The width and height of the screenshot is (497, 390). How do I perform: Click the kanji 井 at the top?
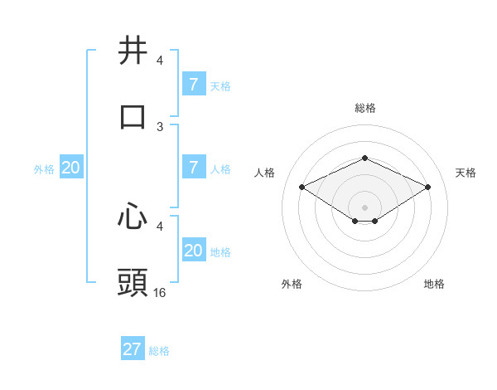[x=133, y=50]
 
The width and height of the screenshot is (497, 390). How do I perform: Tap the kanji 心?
[x=133, y=217]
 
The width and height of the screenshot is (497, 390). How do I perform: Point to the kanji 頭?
[x=133, y=283]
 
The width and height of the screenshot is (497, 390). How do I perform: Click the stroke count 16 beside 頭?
[x=160, y=292]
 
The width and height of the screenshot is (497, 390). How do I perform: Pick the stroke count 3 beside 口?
[x=160, y=126]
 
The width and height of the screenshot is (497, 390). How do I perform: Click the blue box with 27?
[x=133, y=349]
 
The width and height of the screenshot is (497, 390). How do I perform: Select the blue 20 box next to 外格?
[x=70, y=168]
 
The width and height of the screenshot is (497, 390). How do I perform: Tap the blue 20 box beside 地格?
[x=193, y=251]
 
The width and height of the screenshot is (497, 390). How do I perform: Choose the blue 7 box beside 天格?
[x=193, y=85]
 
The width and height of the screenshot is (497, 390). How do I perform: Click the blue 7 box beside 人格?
[x=193, y=168]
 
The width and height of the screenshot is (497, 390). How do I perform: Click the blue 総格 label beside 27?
[x=159, y=351]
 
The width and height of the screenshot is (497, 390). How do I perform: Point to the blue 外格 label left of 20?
[x=44, y=168]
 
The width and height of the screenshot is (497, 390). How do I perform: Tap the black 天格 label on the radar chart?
[x=466, y=173]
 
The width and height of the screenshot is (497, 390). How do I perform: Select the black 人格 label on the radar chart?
[x=264, y=173]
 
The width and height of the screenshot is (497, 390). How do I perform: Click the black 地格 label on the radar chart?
[x=434, y=284]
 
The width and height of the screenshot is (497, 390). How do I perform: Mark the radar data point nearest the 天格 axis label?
[x=427, y=188]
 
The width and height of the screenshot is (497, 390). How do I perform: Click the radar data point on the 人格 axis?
[x=302, y=188]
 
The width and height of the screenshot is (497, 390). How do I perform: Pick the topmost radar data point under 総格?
[x=364, y=158]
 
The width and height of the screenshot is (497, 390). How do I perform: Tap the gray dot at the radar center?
[x=364, y=207]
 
